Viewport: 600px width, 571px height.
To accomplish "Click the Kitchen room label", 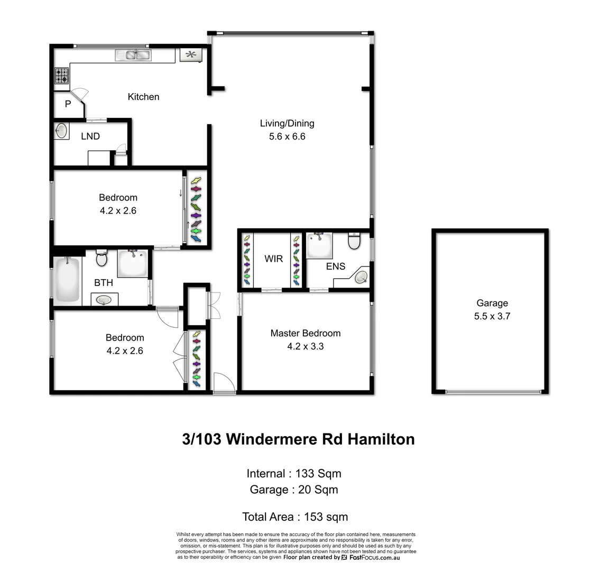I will tap(143, 97).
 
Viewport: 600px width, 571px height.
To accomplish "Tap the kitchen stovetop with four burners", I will tap(62, 76).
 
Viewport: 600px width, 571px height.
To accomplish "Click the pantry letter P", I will tap(68, 104).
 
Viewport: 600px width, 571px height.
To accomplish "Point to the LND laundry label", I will tap(90, 136).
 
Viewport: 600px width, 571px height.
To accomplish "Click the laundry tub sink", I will tap(61, 131).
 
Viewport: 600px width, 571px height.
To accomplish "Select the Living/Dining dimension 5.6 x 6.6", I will tap(287, 136).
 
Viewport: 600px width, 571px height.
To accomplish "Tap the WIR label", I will tap(273, 259).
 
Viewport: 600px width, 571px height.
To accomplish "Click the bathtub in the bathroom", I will tap(67, 280).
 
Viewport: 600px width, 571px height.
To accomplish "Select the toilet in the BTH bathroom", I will tap(101, 259).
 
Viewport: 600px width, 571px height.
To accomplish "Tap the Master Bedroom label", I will tap(305, 333).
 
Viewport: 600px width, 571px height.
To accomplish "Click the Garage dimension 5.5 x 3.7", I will tap(492, 317).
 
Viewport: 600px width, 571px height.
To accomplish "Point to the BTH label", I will tap(104, 283).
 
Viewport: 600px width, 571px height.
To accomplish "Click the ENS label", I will tap(335, 266).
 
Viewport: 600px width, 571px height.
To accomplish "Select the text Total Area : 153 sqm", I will tap(294, 517).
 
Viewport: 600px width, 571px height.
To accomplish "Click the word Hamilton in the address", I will tap(381, 439).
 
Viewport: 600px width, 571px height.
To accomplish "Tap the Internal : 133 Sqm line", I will tap(294, 473).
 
